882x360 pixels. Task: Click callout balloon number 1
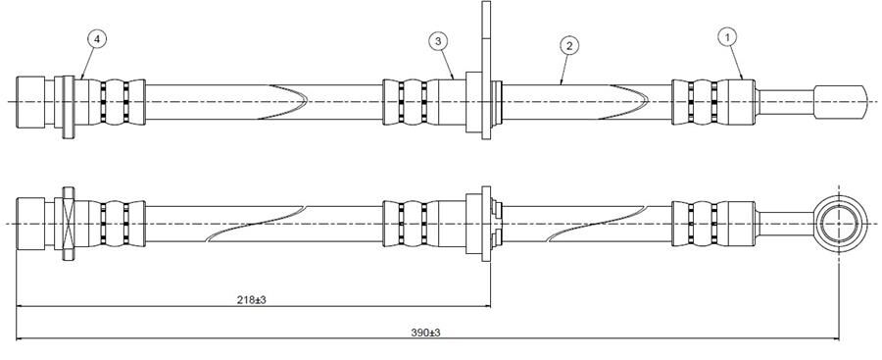click(x=726, y=36)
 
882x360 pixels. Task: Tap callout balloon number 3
click(x=438, y=41)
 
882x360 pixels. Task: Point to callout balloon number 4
click(x=96, y=38)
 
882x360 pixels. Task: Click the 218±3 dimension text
click(x=253, y=299)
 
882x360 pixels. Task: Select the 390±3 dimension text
click(x=424, y=333)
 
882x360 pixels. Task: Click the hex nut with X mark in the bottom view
click(x=68, y=224)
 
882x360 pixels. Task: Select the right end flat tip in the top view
click(x=841, y=101)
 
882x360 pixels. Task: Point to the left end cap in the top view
click(x=36, y=101)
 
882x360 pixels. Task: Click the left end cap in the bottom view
click(x=36, y=224)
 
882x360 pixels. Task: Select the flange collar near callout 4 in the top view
click(x=68, y=101)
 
